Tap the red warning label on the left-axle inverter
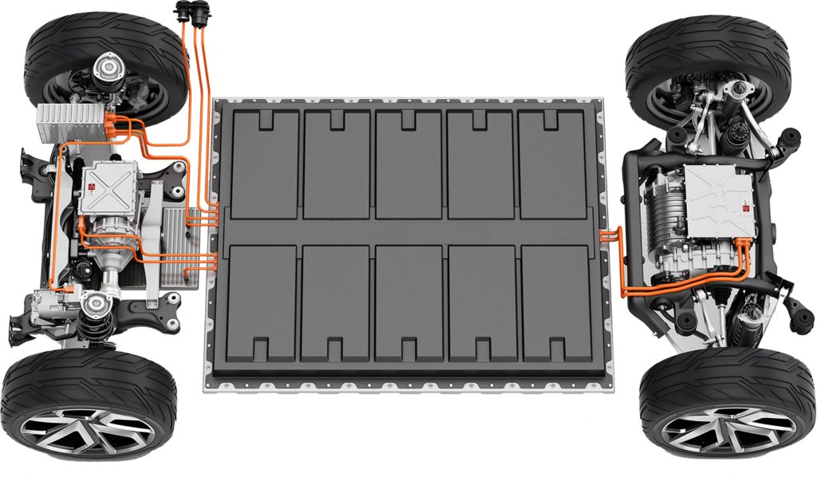[x=93, y=186]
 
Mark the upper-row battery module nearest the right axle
[x=552, y=164]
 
